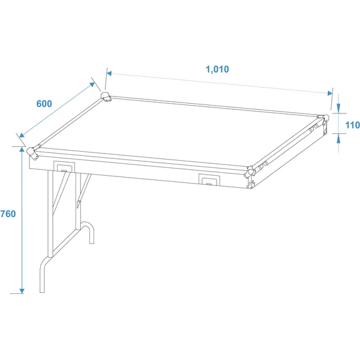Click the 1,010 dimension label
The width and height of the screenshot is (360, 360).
217,69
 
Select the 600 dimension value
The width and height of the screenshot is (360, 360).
44,104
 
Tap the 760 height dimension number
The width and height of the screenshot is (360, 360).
8,214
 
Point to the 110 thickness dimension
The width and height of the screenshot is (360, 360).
352,125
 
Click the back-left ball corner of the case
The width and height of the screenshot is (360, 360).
106,97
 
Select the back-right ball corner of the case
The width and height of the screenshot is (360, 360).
324,119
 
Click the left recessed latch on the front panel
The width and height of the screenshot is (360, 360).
64,167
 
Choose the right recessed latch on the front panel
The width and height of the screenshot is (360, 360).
209,179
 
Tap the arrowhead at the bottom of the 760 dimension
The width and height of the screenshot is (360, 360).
22,290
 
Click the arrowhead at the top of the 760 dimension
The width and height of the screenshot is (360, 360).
22,150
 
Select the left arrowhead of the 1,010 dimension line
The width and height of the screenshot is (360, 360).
109,73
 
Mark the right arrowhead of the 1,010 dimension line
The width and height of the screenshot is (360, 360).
330,93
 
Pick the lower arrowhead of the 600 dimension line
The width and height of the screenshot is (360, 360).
22,135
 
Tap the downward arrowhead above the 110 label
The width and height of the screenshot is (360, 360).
338,107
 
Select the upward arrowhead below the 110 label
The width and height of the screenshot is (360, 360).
338,139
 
